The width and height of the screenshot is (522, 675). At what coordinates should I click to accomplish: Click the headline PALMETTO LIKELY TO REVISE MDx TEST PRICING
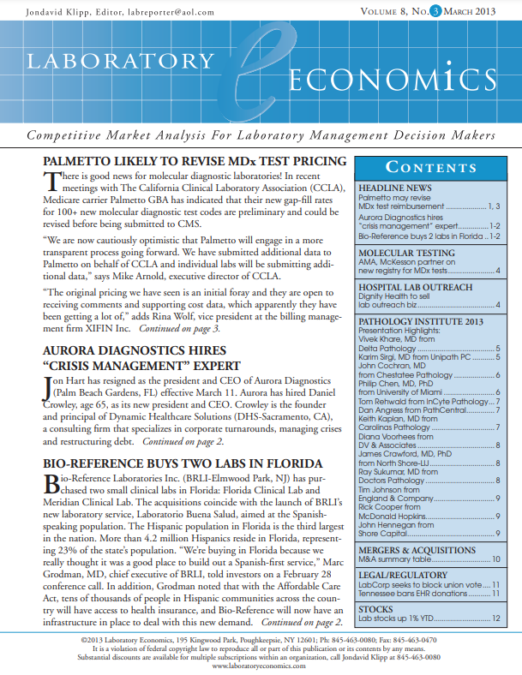point(195,161)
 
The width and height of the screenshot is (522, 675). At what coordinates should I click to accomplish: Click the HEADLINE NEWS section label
point(394,188)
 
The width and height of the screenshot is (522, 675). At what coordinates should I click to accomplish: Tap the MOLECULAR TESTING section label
point(405,254)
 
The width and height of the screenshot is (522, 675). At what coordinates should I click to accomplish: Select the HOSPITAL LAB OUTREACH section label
point(415,286)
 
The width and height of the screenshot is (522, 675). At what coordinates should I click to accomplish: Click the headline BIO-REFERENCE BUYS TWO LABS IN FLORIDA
point(183,463)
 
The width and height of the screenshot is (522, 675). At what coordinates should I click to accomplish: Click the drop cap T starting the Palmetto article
point(51,181)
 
